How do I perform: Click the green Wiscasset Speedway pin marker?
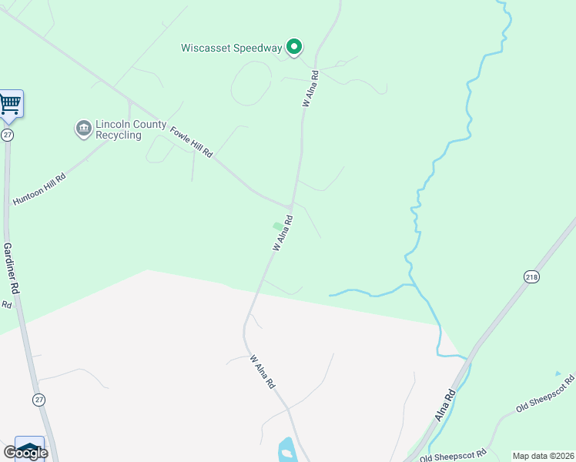(294, 48)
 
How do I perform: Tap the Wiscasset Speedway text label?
(232, 48)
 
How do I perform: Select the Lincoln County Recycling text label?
(119, 129)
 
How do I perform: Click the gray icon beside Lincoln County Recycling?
(83, 129)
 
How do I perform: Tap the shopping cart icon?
(10, 103)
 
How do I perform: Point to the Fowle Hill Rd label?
(191, 142)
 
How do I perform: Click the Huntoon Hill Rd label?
(39, 189)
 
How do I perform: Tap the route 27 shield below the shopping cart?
(7, 135)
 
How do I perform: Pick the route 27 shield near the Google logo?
(39, 399)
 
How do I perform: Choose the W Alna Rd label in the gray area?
(263, 371)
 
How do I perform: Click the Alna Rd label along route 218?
(445, 403)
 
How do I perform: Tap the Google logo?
(25, 453)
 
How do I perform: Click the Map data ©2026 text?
(544, 456)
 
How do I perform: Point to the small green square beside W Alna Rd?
(277, 226)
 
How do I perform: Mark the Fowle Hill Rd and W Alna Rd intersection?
(290, 206)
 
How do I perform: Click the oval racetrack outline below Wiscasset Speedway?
(251, 82)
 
